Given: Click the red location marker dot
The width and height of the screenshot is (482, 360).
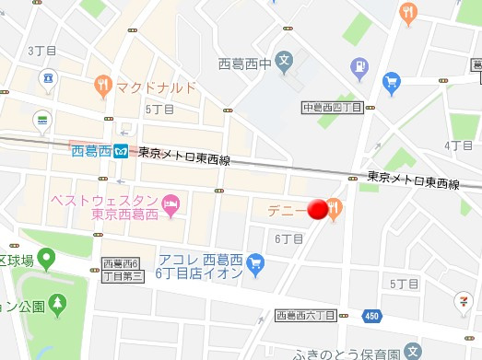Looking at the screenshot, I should [318, 211].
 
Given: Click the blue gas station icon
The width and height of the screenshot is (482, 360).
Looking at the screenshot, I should [359, 66].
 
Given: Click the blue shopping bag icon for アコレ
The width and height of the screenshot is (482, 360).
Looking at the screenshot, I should [256, 267].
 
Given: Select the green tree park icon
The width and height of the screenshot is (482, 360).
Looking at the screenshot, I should [58, 302].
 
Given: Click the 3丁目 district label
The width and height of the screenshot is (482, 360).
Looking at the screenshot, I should [43, 50].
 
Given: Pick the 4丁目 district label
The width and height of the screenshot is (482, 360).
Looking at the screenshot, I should [458, 145].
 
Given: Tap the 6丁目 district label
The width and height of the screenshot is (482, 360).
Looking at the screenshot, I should [288, 238].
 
